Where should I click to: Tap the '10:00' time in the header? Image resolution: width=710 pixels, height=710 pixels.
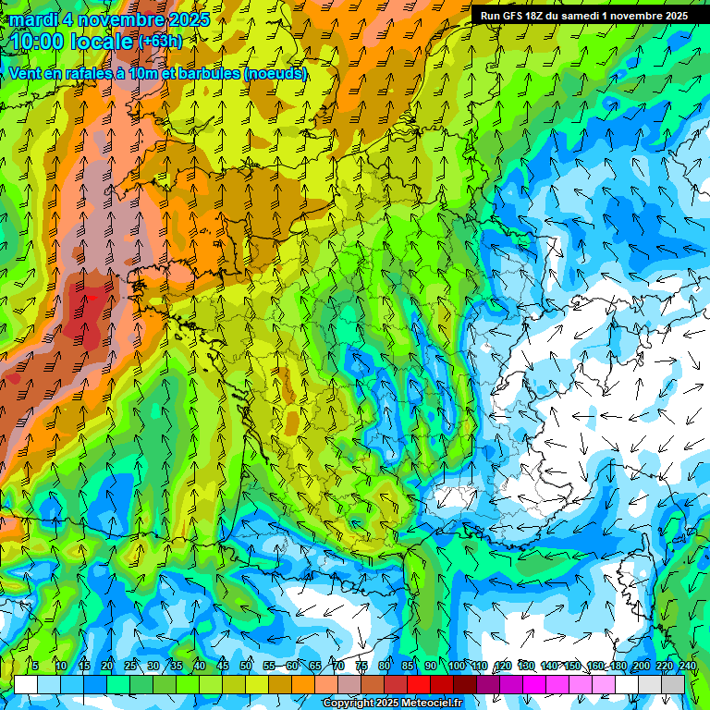(x=39, y=42)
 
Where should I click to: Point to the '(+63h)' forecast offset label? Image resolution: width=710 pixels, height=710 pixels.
(x=161, y=42)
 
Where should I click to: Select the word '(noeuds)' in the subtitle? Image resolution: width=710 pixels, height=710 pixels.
(x=275, y=73)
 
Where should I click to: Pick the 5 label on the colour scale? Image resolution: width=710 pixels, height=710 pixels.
(x=34, y=666)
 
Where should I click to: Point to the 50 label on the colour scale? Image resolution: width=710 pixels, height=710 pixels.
(x=246, y=666)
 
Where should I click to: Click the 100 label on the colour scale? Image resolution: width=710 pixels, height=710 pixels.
(x=457, y=666)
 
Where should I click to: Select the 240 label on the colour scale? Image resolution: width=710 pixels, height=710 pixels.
(x=688, y=666)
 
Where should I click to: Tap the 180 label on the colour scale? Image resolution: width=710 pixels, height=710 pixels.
(x=618, y=666)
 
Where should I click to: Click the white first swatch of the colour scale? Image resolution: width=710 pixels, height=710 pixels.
(x=26, y=684)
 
